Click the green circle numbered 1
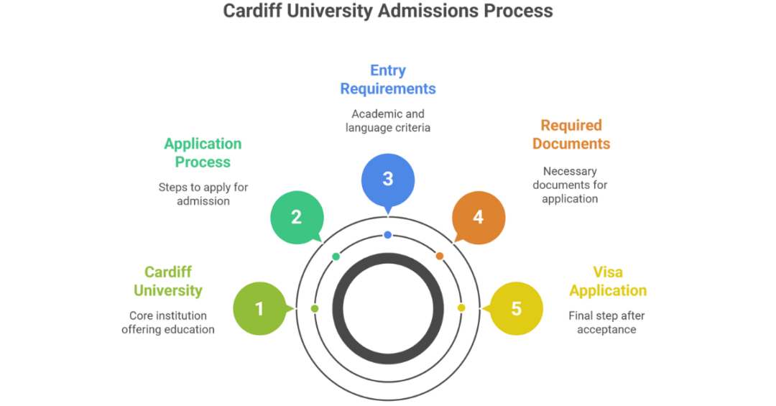(259, 309)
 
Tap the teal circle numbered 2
(296, 217)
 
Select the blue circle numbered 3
(387, 179)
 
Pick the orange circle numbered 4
(479, 217)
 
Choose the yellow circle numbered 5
(516, 309)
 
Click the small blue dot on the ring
(388, 235)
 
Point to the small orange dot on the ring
(440, 256)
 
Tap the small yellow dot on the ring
(461, 308)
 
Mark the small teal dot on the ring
(336, 256)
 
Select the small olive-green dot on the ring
(315, 308)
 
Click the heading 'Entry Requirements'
(388, 80)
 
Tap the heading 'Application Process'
(203, 153)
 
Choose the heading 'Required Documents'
(571, 134)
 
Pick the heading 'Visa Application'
(608, 281)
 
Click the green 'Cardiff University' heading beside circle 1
(167, 281)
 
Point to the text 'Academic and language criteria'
(388, 121)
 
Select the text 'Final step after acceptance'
(606, 323)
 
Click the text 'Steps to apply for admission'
(203, 194)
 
